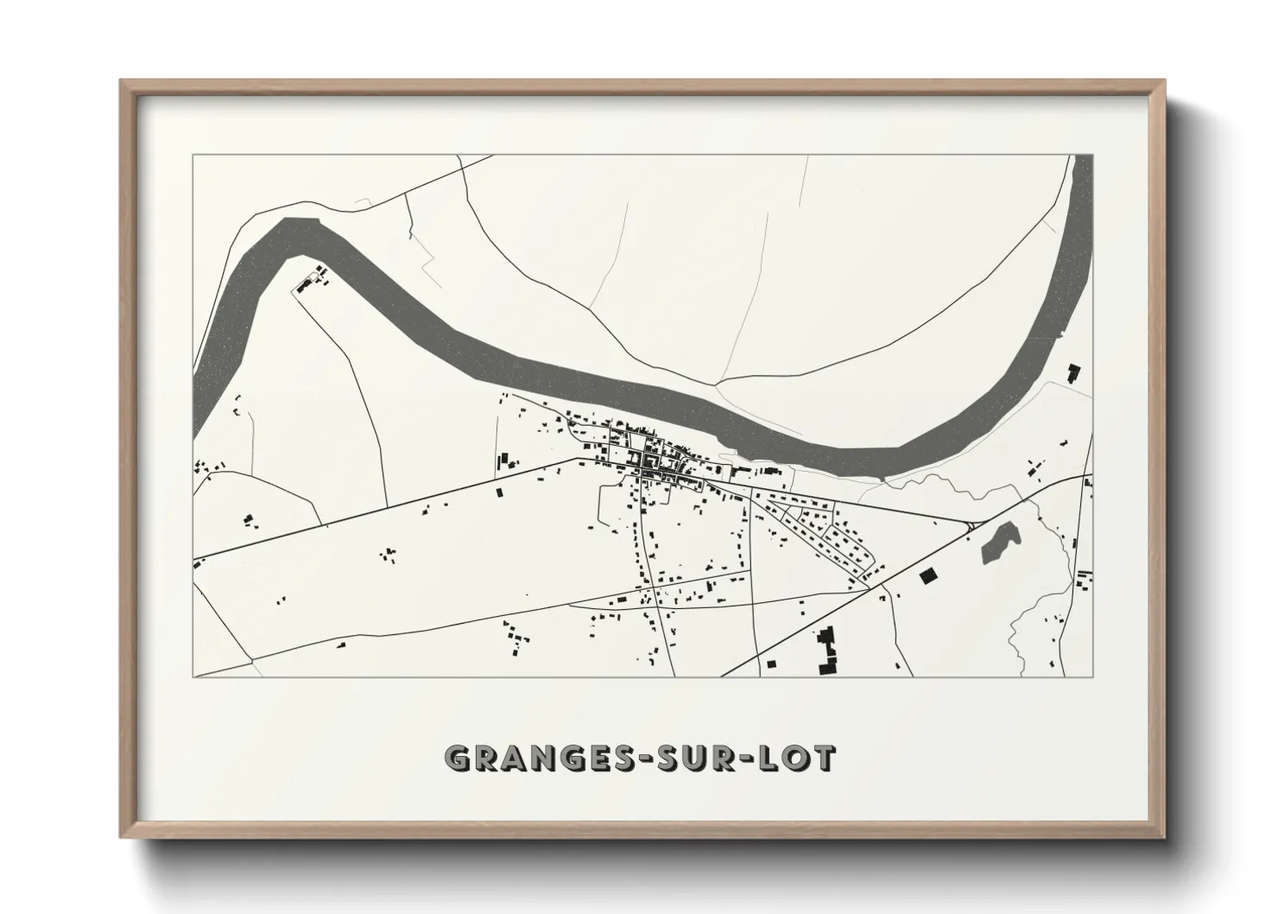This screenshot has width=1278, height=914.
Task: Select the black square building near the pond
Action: pos(928,576)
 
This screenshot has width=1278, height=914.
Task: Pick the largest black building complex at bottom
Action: pos(827,651)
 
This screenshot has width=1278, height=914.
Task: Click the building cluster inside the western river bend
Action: pos(311,280)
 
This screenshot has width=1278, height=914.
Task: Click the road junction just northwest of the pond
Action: pos(971,524)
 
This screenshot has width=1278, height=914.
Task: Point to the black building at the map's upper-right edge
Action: pos(1074,373)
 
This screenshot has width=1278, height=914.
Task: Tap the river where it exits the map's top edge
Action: pos(1081,158)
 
